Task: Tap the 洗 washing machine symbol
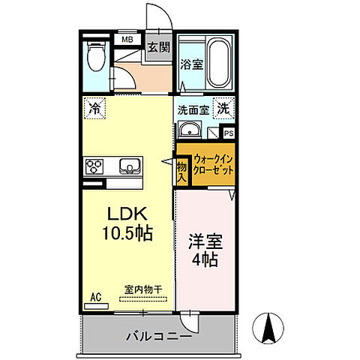(x=223, y=108)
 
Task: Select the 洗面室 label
(x=193, y=109)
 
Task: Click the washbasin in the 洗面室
(x=190, y=133)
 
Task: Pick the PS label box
(x=229, y=133)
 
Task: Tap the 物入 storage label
(x=181, y=170)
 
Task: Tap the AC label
(x=95, y=297)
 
